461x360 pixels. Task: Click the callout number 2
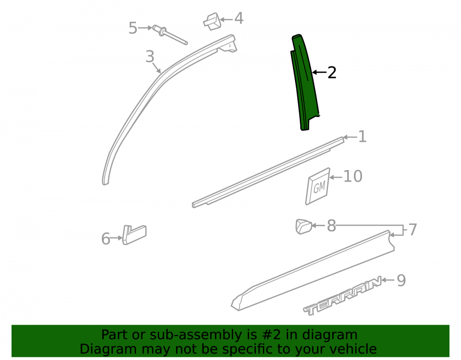[x=331, y=72]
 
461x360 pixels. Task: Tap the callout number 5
[x=133, y=28]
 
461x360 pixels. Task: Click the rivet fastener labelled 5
[x=170, y=35]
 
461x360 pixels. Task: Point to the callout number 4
[x=238, y=18]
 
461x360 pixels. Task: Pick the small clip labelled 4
[x=212, y=22]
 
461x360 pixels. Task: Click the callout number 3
[x=150, y=56]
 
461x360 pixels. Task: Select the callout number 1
[x=362, y=136]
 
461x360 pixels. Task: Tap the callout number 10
[x=353, y=177]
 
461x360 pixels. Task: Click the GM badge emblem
[x=318, y=186]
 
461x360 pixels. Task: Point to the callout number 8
[x=331, y=226]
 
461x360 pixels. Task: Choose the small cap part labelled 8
[x=303, y=226]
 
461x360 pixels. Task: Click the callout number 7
[x=413, y=230]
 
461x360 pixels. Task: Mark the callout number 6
[x=106, y=239]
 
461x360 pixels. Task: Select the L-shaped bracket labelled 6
[x=134, y=235]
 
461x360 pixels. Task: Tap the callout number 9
[x=402, y=280]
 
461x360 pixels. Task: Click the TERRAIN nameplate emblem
[x=343, y=296]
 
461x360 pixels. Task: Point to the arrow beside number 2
[x=319, y=72]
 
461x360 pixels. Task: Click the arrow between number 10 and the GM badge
[x=336, y=177]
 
